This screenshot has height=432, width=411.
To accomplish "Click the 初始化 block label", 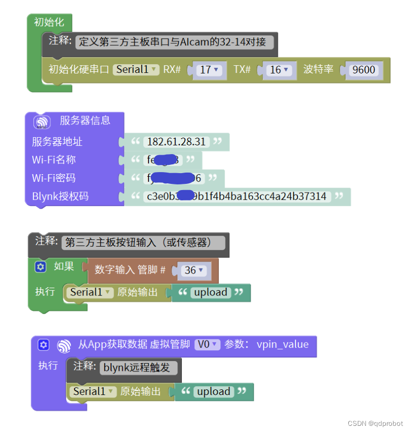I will (x=49, y=22).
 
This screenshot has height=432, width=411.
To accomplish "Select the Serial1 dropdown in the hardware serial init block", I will (x=136, y=69).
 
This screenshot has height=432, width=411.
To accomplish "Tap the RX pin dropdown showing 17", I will (x=208, y=69).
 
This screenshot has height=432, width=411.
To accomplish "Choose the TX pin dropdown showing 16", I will (x=279, y=69).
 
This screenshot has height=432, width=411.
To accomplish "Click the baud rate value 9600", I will (x=364, y=69).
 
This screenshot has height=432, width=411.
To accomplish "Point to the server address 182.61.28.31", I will (x=176, y=142).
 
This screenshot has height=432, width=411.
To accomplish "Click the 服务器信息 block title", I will (x=85, y=121).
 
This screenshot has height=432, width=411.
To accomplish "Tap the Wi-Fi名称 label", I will (x=54, y=160).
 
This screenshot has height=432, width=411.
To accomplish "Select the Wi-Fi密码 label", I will (x=54, y=178).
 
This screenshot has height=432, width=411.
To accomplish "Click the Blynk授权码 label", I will (x=60, y=197).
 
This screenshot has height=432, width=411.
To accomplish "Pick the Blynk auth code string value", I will (x=236, y=197).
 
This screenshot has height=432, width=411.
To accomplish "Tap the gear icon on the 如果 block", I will (x=41, y=267).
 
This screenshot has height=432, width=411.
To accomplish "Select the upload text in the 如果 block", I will (x=210, y=292).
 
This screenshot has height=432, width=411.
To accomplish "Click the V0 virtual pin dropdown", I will (x=207, y=345).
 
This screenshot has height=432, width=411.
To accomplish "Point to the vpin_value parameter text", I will (x=283, y=345).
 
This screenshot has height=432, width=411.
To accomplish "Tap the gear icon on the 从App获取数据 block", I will (x=44, y=345).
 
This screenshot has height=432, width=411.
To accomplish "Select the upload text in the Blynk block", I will (x=213, y=392).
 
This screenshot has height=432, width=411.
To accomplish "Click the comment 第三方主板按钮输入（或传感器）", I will (x=143, y=242).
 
